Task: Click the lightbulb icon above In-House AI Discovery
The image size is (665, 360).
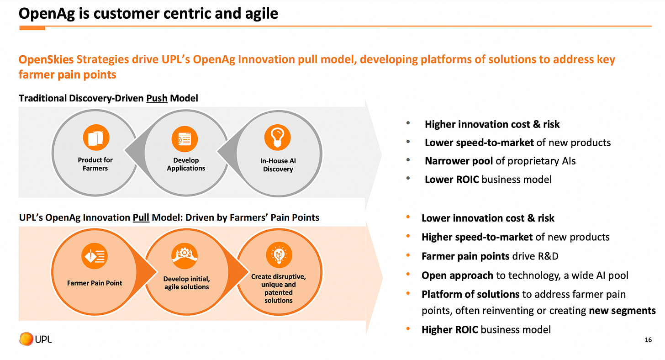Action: click(278, 137)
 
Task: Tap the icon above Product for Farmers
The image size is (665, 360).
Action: click(95, 138)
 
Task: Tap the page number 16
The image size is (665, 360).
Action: click(648, 339)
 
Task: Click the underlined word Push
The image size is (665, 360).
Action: click(157, 98)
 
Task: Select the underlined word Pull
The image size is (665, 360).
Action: click(141, 217)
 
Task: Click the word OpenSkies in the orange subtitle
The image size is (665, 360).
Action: click(46, 60)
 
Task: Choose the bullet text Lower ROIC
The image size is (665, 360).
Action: click(452, 179)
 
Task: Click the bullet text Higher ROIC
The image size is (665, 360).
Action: click(450, 329)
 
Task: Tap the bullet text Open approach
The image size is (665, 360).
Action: click(457, 275)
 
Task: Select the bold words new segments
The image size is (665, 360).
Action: click(622, 311)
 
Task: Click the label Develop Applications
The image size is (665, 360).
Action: click(186, 164)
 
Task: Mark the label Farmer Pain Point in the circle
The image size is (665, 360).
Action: click(95, 283)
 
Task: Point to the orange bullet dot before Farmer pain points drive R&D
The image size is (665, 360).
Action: click(408, 256)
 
